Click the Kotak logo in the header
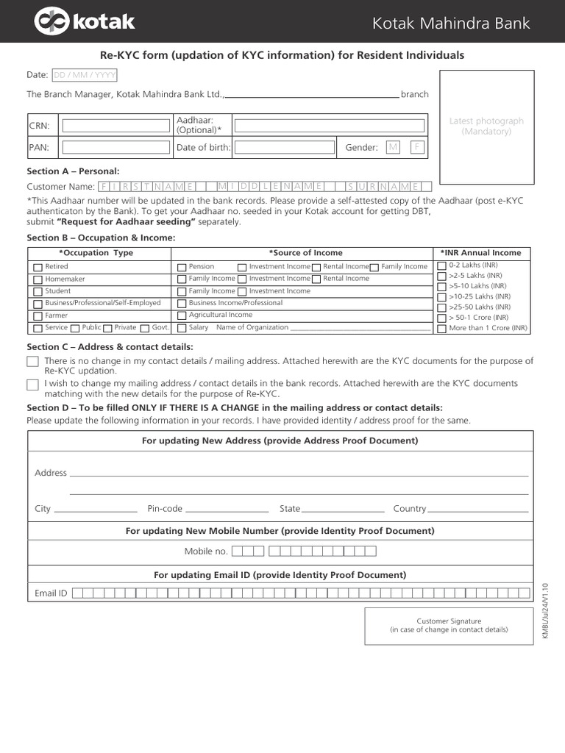(85, 22)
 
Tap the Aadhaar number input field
(328, 125)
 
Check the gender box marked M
(393, 147)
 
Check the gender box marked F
(417, 147)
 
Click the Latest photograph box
(486, 126)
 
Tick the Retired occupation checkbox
(38, 267)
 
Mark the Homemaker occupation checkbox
(38, 279)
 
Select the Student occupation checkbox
(38, 291)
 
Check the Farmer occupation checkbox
(38, 315)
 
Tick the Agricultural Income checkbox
(182, 315)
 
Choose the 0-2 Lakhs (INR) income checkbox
(441, 265)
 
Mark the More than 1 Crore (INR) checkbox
(441, 328)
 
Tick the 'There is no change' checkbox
(32, 361)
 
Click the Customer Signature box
(449, 626)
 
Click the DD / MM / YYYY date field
(84, 75)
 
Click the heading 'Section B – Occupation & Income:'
(102, 238)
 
